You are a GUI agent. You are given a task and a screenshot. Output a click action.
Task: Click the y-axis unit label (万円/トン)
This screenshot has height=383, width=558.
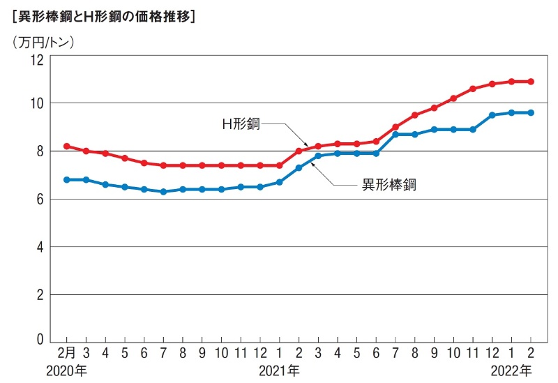[x=43, y=41]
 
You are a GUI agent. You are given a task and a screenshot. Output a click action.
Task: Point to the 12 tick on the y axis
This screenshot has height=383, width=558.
[x=36, y=60]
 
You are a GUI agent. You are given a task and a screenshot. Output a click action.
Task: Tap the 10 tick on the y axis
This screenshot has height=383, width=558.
[x=36, y=103]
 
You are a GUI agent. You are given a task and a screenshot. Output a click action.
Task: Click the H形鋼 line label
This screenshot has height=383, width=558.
[x=241, y=124]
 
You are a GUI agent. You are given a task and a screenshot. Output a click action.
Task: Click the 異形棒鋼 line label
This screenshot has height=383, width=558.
[x=389, y=185]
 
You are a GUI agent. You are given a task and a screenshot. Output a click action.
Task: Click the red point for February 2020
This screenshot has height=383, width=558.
[x=66, y=147]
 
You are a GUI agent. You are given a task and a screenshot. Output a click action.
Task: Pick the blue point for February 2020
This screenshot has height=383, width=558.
[x=66, y=179]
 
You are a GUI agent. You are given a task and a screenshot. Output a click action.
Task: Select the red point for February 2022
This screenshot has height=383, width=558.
[x=531, y=82]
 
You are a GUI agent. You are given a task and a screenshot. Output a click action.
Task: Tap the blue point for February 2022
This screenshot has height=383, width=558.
[x=531, y=112]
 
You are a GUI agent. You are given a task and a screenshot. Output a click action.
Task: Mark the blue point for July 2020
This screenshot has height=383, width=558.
[x=163, y=191]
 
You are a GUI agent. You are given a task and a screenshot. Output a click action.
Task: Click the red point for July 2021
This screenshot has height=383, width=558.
[x=395, y=127]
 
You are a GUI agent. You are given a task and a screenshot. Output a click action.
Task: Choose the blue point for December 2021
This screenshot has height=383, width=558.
[x=492, y=115]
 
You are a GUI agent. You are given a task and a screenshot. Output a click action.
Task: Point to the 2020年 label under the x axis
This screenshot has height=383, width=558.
[x=66, y=370]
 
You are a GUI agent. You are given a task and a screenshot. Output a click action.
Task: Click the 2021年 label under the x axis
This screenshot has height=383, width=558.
[x=279, y=370]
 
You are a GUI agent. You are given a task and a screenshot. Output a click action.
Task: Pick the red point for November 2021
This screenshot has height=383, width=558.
[x=473, y=89]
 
